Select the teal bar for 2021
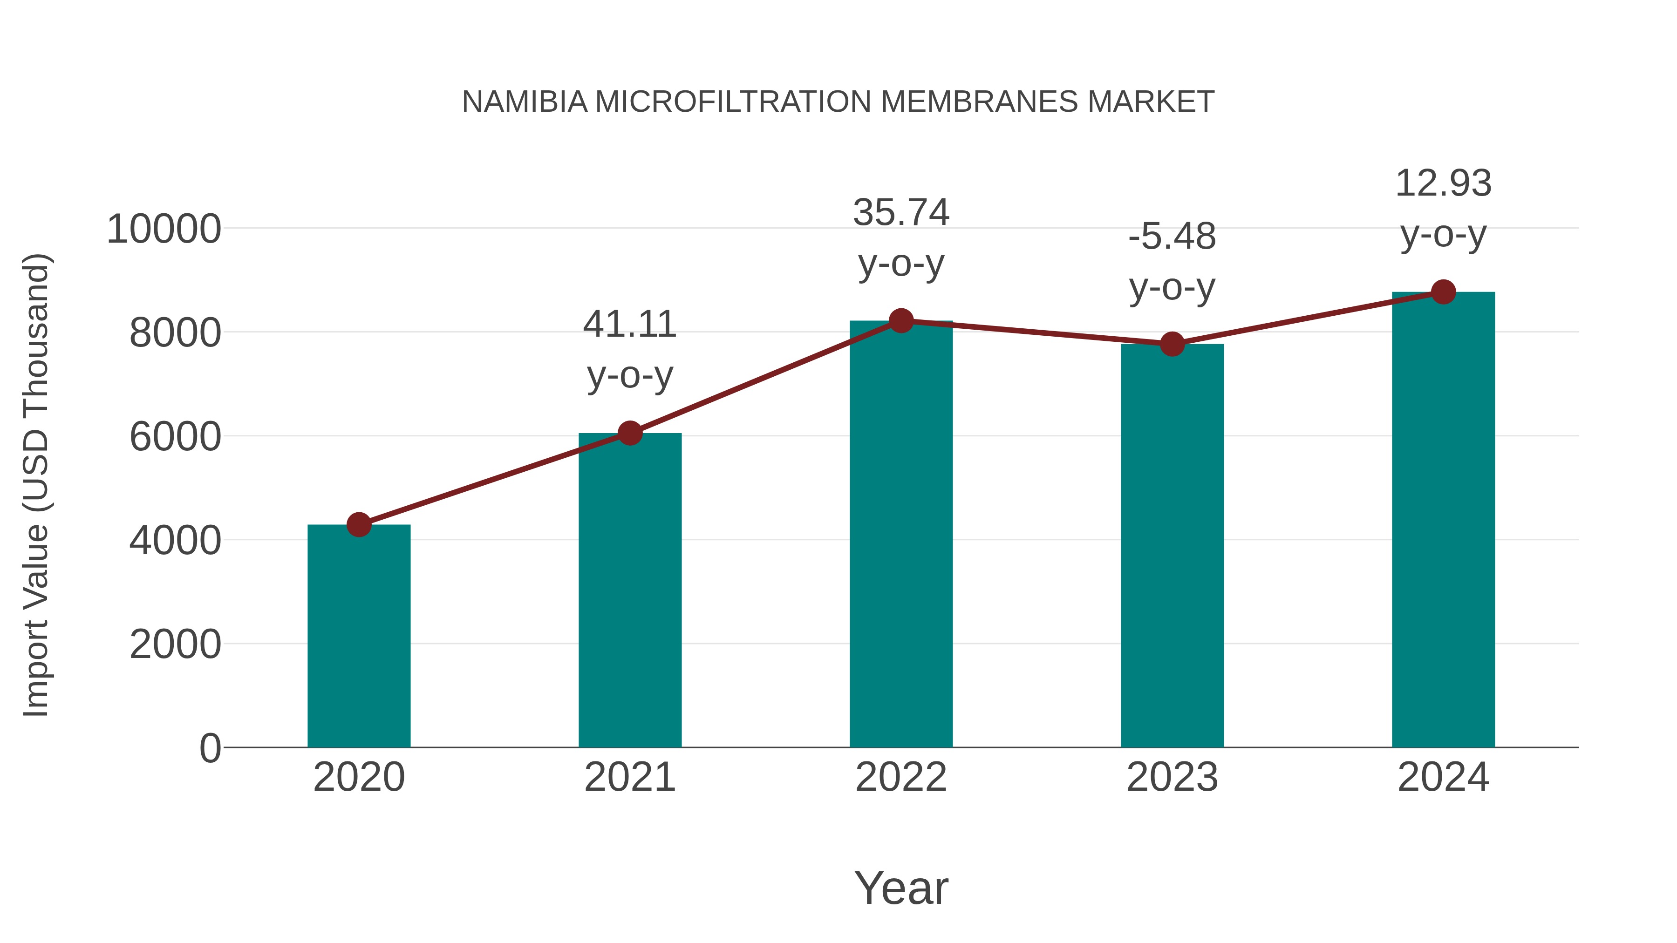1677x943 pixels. (x=629, y=590)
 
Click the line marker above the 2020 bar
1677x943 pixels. (x=359, y=524)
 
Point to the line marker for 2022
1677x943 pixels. (x=901, y=320)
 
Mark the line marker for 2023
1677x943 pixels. (x=1172, y=344)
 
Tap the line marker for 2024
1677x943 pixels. (x=1443, y=292)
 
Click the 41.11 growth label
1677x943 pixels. (x=629, y=325)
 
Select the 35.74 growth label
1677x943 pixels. (x=901, y=213)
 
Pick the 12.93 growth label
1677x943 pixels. (x=1443, y=183)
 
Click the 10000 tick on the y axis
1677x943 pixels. (x=164, y=229)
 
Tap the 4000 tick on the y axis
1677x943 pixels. (x=175, y=540)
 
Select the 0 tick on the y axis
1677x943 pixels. (x=210, y=748)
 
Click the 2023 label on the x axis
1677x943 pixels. (x=1172, y=777)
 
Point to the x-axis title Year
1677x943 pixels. (x=901, y=888)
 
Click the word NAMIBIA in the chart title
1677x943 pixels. (x=525, y=102)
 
